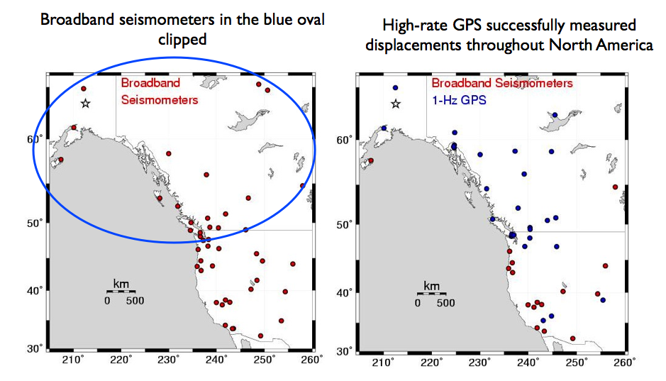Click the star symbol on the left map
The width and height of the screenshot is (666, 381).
tap(85, 103)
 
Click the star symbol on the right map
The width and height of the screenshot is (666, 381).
tap(396, 104)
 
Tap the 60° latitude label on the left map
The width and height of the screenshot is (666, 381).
tap(35, 139)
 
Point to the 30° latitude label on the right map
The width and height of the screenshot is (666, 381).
tap(345, 351)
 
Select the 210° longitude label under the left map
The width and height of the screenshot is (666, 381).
tap(72, 360)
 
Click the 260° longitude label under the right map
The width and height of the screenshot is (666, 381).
tap(626, 363)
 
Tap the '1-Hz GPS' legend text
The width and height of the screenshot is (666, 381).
tap(459, 100)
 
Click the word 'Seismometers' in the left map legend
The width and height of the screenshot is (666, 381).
tap(160, 100)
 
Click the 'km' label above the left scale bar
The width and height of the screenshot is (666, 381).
tap(121, 284)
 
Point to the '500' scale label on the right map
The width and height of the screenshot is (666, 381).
tap(445, 303)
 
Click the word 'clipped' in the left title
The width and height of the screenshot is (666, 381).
tap(182, 40)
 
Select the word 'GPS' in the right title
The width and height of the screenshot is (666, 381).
tap(467, 25)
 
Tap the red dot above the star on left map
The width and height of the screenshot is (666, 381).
tap(84, 89)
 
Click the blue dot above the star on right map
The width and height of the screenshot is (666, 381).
tap(396, 88)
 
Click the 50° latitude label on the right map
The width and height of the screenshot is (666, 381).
tap(345, 224)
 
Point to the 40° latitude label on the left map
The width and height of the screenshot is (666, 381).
tap(35, 290)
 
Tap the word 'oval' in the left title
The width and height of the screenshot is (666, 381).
tap(311, 20)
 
